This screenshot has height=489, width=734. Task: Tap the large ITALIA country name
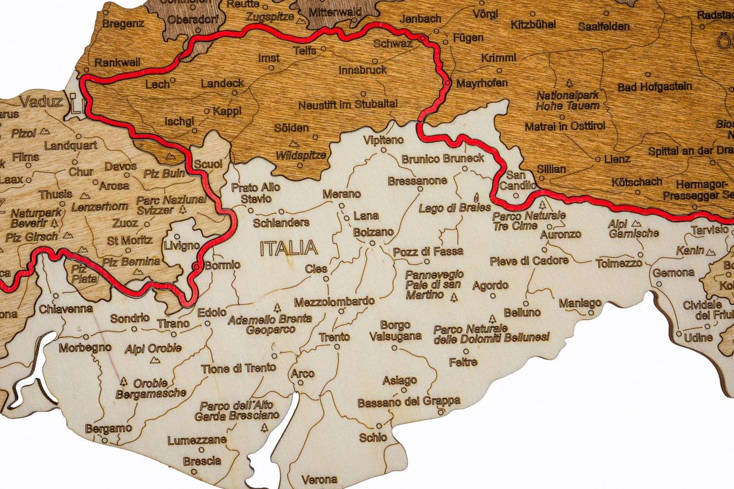click(288, 248)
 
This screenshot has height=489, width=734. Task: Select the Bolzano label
click(373, 232)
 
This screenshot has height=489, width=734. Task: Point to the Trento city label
click(334, 337)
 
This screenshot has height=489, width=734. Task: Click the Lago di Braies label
click(448, 208)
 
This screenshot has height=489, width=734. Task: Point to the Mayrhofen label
click(481, 83)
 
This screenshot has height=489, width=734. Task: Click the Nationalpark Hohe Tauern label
click(568, 101)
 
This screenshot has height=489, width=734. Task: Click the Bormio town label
click(222, 265)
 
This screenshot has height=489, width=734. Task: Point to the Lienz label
click(617, 159)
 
